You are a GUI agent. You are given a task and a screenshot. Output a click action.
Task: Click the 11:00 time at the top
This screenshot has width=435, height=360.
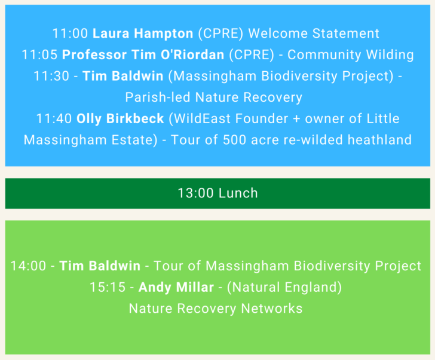coord(70,33)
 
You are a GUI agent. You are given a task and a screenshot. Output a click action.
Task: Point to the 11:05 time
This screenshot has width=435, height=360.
coord(39,55)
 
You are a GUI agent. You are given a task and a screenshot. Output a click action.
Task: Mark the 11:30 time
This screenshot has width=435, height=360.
coord(51,76)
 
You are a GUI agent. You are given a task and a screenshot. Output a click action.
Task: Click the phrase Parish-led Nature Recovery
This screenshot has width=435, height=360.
coord(213,97)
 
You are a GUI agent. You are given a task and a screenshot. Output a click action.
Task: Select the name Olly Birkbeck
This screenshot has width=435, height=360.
coord(120,118)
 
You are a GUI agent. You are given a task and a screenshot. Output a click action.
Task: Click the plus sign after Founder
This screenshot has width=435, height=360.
coord(296,118)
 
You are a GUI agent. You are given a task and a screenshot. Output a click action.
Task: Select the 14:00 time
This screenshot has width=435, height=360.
coord(28,266)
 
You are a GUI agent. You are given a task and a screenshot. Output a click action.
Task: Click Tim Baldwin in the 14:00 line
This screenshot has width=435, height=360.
coord(100,266)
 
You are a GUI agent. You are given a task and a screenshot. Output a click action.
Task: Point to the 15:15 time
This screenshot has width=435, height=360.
coord(108,288)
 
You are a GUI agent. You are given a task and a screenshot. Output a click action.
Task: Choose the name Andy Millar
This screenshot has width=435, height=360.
coord(176,288)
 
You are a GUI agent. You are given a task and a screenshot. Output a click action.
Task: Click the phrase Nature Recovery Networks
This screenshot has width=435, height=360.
coord(215,309)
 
